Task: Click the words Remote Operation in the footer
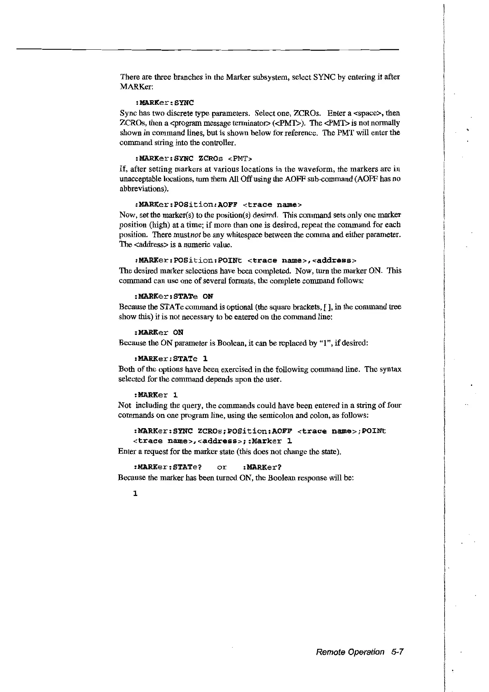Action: coord(351,652)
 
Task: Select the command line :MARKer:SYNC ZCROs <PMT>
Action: coord(194,158)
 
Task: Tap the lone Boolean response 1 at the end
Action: coord(135,493)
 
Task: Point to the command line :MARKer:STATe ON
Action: coord(173,296)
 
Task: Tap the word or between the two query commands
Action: coord(222,467)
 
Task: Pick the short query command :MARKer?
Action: coord(262,467)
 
